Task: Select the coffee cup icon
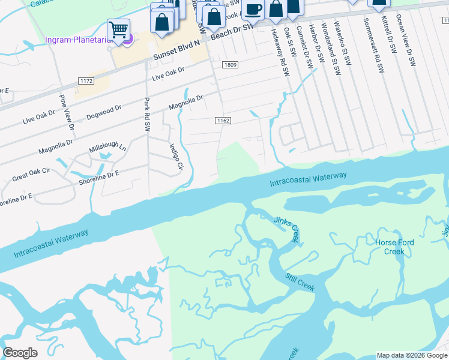pyautogui.click(x=254, y=9)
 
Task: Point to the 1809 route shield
pyautogui.click(x=229, y=65)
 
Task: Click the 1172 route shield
pyautogui.click(x=86, y=80)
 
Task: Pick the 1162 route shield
pyautogui.click(x=223, y=121)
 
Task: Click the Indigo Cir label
pyautogui.click(x=175, y=157)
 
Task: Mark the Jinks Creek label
pyautogui.click(x=286, y=229)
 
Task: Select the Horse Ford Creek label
pyautogui.click(x=390, y=247)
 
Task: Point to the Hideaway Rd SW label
pyautogui.click(x=277, y=47)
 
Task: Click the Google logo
pyautogui.click(x=20, y=353)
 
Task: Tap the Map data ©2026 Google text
pyautogui.click(x=412, y=355)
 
